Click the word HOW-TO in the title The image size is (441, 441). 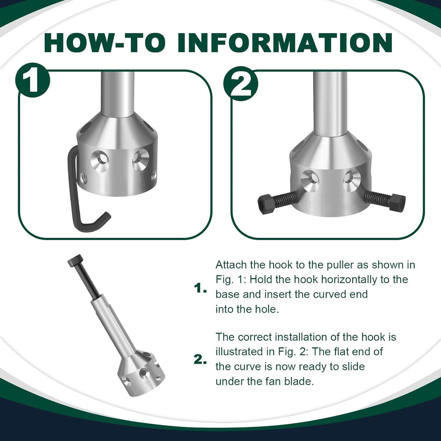tap(105, 43)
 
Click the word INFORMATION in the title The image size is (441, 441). tap(285, 43)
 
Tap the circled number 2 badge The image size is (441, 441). tap(241, 84)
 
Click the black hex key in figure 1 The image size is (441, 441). tap(74, 194)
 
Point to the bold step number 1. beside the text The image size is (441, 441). tap(201, 289)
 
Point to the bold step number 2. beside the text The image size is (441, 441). tap(201, 360)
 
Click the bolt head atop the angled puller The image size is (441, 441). tap(75, 260)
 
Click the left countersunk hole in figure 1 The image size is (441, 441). tap(100, 161)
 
